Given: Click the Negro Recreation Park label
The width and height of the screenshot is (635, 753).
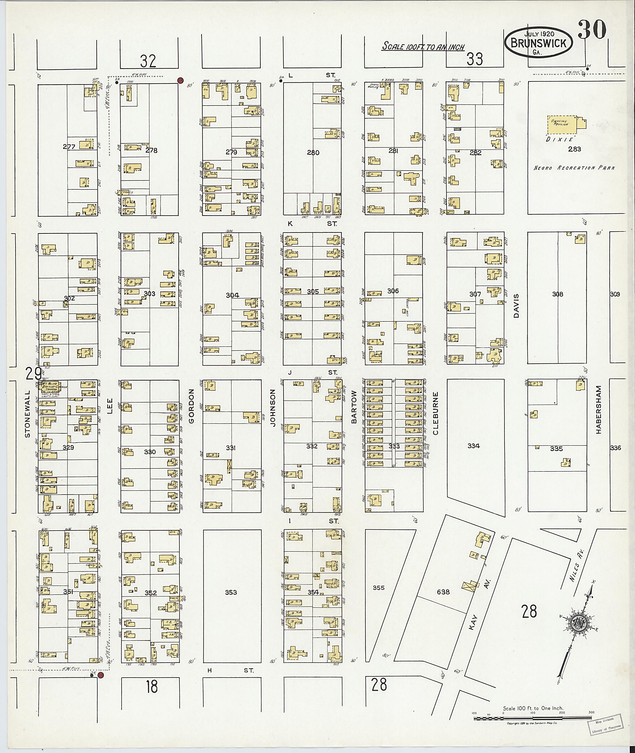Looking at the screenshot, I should [x=574, y=168].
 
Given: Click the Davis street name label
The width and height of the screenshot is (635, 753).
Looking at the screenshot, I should [x=517, y=306].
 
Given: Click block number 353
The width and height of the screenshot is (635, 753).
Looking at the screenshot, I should [x=231, y=592].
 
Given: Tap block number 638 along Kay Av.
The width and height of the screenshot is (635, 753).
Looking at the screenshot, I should [x=443, y=592].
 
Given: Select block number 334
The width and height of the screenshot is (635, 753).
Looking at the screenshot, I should [x=473, y=445].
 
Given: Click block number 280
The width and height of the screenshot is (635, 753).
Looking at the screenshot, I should [x=313, y=153].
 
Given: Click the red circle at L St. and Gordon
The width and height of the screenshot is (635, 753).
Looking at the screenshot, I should [x=181, y=80].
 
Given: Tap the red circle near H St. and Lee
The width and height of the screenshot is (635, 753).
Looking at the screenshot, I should [x=101, y=675].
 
